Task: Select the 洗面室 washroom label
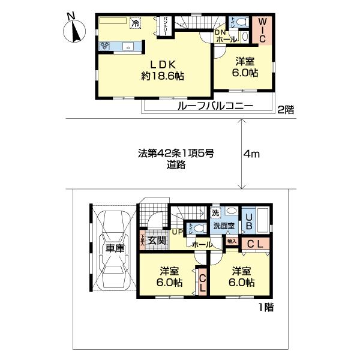click(223, 227)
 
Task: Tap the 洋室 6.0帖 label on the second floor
click(245, 67)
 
